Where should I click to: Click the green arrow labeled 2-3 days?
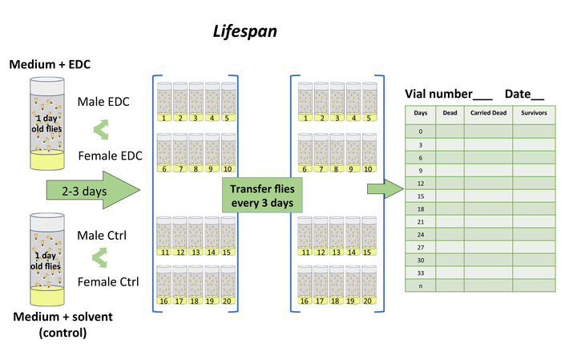tap(88, 192)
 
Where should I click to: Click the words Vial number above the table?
tap(438, 94)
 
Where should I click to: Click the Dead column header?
tap(450, 114)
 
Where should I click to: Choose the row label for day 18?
tap(421, 208)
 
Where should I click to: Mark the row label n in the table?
tap(421, 286)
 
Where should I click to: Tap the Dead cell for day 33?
tap(450, 273)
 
